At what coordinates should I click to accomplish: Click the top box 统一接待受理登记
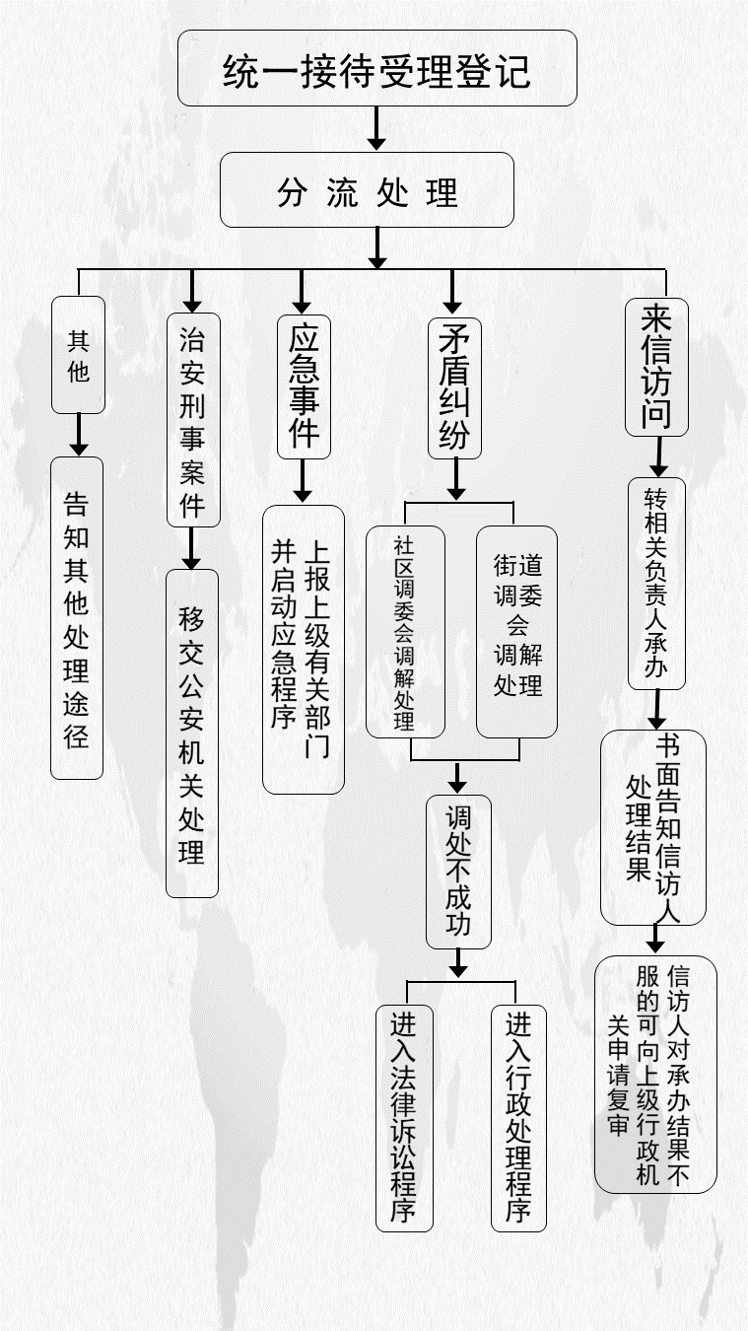[377, 68]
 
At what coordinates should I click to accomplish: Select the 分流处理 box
[367, 189]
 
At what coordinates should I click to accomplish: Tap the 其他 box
[79, 355]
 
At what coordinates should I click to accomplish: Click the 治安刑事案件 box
[193, 420]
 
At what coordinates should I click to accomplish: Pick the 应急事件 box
[304, 386]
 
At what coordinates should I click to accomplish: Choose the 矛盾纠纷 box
[454, 388]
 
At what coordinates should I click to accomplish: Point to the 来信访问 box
[656, 367]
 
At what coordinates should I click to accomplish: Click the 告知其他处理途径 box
[77, 618]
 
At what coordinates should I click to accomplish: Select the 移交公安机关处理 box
[192, 734]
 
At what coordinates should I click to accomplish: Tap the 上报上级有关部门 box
[304, 650]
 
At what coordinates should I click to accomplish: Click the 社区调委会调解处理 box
[405, 632]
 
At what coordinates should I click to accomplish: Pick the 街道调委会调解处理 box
[516, 632]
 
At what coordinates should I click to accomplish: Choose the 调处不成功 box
[458, 872]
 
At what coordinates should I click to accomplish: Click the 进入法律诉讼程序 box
[405, 1118]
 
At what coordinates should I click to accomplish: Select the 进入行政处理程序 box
[518, 1118]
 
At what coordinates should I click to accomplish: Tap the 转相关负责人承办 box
[657, 584]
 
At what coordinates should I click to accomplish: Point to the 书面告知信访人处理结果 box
[653, 827]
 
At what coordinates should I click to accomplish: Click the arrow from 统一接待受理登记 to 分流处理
[376, 128]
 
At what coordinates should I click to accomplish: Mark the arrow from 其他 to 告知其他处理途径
[79, 435]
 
